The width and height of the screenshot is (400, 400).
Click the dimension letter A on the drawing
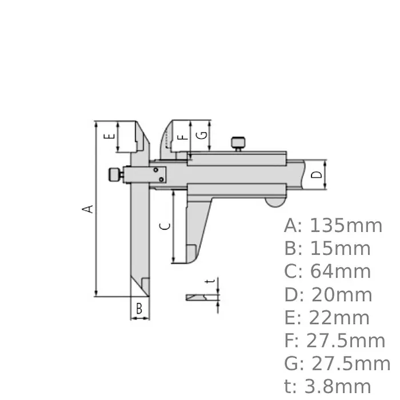click(x=87, y=209)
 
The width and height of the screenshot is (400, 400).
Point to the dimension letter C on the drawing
click(x=165, y=225)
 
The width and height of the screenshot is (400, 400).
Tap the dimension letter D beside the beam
click(x=319, y=174)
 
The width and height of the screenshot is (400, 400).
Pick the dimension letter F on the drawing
click(x=182, y=137)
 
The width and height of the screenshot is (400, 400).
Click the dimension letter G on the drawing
click(x=201, y=136)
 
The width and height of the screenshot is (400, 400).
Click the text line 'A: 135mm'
click(x=333, y=226)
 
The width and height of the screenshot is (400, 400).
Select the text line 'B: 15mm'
click(x=327, y=249)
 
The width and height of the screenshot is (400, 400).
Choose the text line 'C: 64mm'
click(x=327, y=271)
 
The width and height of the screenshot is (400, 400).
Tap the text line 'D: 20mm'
click(x=328, y=295)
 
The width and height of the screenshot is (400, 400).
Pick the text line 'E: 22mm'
click(x=327, y=318)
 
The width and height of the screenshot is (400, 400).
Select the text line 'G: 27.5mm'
click(x=337, y=364)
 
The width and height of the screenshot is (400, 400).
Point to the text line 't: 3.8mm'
click(x=328, y=387)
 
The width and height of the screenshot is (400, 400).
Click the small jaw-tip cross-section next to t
click(x=198, y=297)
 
